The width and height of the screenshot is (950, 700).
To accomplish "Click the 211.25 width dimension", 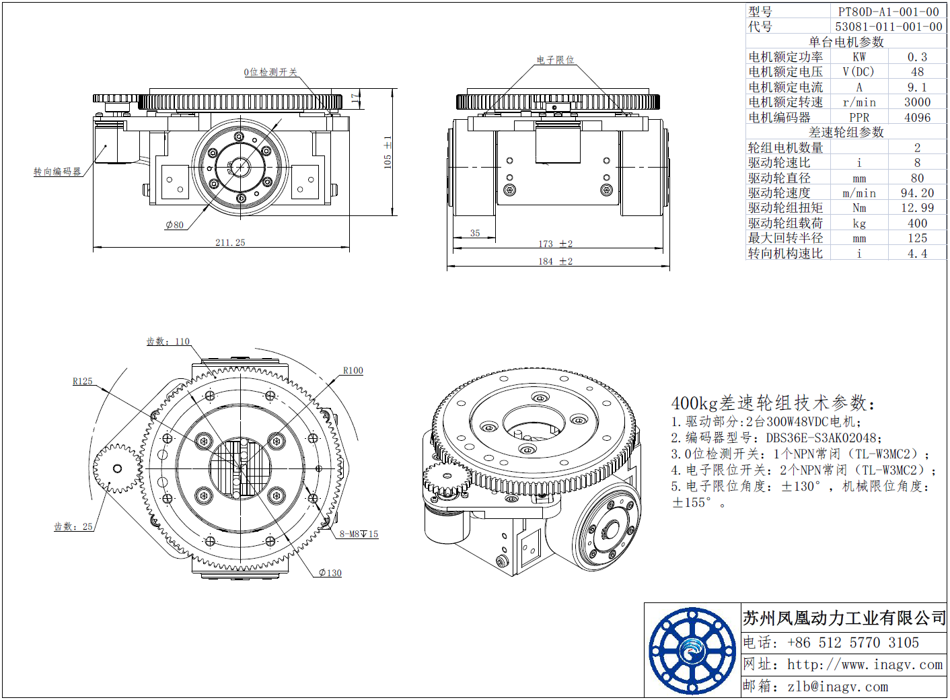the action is [x=230, y=242].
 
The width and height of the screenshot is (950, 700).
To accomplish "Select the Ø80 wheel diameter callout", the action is [x=175, y=225].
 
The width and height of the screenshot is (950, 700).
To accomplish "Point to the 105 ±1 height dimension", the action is [x=388, y=152].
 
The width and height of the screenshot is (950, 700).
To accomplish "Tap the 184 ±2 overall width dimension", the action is [x=555, y=261].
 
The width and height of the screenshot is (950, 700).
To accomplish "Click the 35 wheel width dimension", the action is [x=475, y=233].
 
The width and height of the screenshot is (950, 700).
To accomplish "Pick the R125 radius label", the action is [x=82, y=381].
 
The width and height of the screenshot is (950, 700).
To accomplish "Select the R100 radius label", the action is [x=353, y=370].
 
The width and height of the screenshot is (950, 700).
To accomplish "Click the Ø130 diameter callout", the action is [x=330, y=573].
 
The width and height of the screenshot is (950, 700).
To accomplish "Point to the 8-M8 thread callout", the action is [x=359, y=534].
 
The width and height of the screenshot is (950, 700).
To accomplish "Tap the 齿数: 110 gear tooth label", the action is [x=168, y=341].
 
